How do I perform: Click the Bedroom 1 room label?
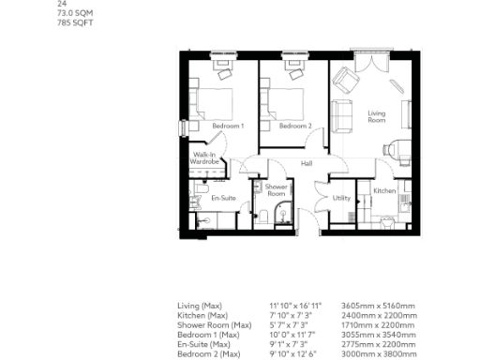(x=228, y=126)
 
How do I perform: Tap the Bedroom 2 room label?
(x=294, y=126)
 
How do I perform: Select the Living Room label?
(x=376, y=116)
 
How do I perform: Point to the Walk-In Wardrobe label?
(x=204, y=158)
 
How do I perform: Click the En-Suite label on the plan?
(x=222, y=198)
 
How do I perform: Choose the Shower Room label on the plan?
(x=277, y=190)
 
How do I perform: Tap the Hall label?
(x=306, y=164)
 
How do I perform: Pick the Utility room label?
(x=341, y=198)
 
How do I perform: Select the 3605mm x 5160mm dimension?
(x=374, y=306)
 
